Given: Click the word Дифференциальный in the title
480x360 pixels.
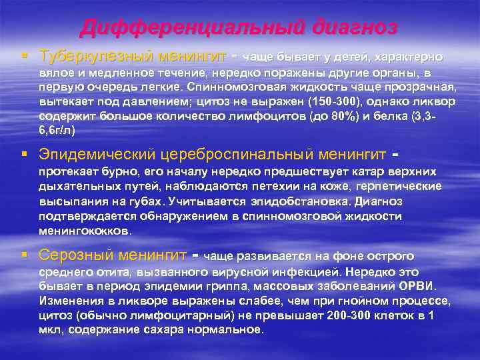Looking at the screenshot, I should (191, 27).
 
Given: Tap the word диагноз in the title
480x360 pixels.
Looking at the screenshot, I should (352, 27).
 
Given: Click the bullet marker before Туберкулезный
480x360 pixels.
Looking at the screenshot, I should (25, 56).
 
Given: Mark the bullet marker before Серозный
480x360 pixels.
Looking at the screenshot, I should (25, 256).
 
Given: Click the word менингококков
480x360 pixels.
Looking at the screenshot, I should (85, 231).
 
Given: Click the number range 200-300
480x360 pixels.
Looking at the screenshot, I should (364, 315).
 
